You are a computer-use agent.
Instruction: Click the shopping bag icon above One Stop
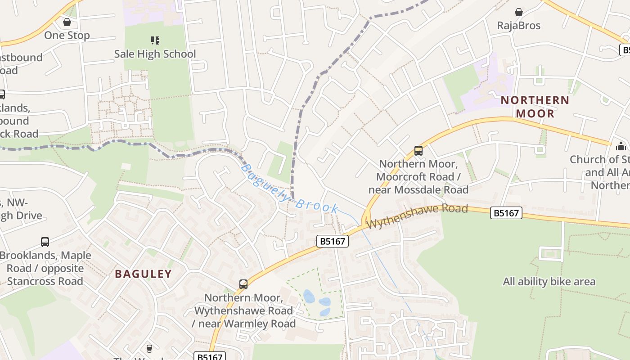(x=67, y=22)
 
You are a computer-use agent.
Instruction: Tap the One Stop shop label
(x=67, y=35)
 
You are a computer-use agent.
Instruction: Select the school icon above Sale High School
(x=155, y=41)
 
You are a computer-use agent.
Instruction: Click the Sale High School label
(x=155, y=54)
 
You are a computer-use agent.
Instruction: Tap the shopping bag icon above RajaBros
(x=519, y=12)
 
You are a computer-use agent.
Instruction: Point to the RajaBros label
(x=519, y=25)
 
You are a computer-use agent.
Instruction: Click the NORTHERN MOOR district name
(x=535, y=107)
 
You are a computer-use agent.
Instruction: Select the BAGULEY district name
(x=144, y=274)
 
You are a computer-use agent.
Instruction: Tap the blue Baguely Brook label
(x=290, y=189)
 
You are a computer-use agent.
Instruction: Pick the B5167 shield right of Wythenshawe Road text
(x=506, y=213)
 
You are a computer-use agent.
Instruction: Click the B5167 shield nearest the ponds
(x=333, y=241)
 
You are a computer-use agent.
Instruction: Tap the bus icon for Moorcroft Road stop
(x=418, y=151)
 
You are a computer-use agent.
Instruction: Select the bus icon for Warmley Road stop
(x=243, y=284)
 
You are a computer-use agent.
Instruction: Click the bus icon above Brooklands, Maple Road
(x=45, y=242)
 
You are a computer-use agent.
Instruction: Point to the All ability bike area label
(x=549, y=282)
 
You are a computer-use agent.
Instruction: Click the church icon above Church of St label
(x=621, y=146)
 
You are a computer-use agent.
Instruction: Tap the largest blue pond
(x=309, y=297)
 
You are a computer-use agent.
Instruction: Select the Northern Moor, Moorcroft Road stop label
(x=418, y=176)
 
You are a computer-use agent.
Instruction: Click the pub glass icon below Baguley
(x=149, y=349)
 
